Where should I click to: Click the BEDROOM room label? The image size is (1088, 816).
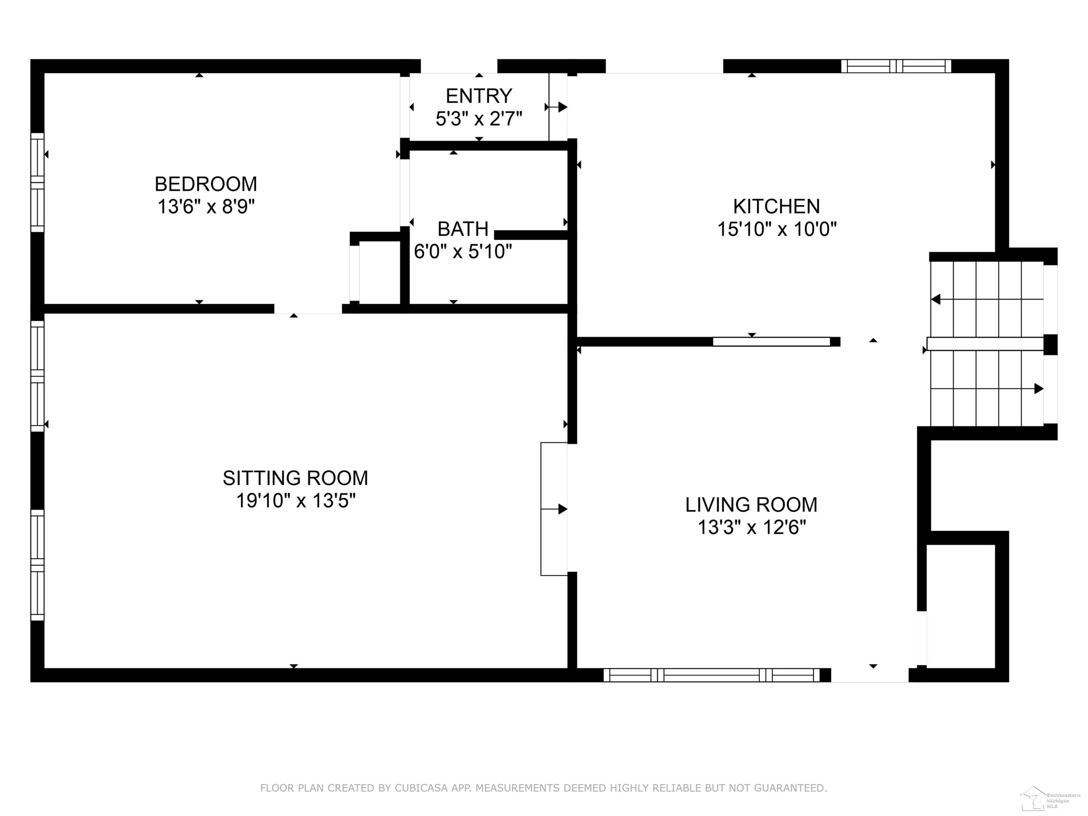(206, 184)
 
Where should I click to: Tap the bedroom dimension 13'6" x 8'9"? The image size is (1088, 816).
(206, 207)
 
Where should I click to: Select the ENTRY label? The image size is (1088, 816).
(479, 96)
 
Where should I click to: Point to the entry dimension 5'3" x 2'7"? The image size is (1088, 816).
(479, 119)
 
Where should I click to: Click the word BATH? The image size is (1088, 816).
(463, 229)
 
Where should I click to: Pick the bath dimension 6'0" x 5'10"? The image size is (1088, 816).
(463, 251)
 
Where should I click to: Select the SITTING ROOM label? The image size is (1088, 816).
(295, 478)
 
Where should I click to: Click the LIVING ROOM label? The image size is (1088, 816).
(751, 505)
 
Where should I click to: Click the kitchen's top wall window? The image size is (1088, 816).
(896, 66)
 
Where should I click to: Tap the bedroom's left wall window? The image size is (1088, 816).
(37, 182)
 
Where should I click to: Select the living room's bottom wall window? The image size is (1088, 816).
(712, 675)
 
